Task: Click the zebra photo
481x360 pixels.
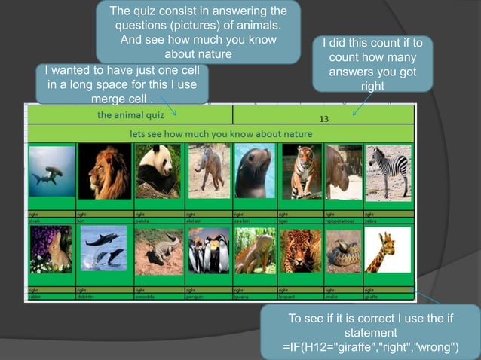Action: click(x=388, y=172)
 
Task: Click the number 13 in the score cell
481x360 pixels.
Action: click(x=324, y=119)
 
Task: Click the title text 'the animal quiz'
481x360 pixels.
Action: click(x=127, y=115)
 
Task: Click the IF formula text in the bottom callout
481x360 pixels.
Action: click(x=369, y=346)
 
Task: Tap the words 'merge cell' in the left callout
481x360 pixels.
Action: click(x=120, y=99)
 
